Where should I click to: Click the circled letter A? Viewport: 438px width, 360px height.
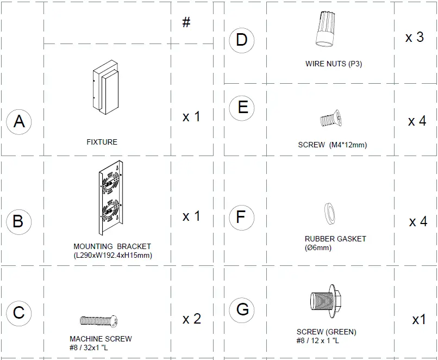(x=19, y=121)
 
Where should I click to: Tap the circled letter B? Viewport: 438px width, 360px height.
(x=18, y=221)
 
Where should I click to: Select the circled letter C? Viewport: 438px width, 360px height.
(x=19, y=313)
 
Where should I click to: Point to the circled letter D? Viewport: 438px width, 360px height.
(x=242, y=40)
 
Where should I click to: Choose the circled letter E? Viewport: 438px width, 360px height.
(x=242, y=107)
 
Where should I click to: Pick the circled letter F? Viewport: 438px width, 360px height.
(x=242, y=218)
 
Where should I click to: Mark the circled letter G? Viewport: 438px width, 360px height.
(x=242, y=309)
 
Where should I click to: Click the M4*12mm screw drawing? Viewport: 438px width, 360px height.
(x=331, y=119)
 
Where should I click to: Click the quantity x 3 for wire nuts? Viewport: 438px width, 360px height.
(x=415, y=37)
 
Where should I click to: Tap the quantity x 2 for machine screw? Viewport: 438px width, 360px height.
(x=192, y=319)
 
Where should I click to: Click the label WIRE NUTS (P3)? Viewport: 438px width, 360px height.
(x=334, y=64)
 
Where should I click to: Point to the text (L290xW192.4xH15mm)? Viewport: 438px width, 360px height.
(x=112, y=255)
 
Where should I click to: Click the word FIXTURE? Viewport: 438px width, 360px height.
(x=102, y=142)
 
